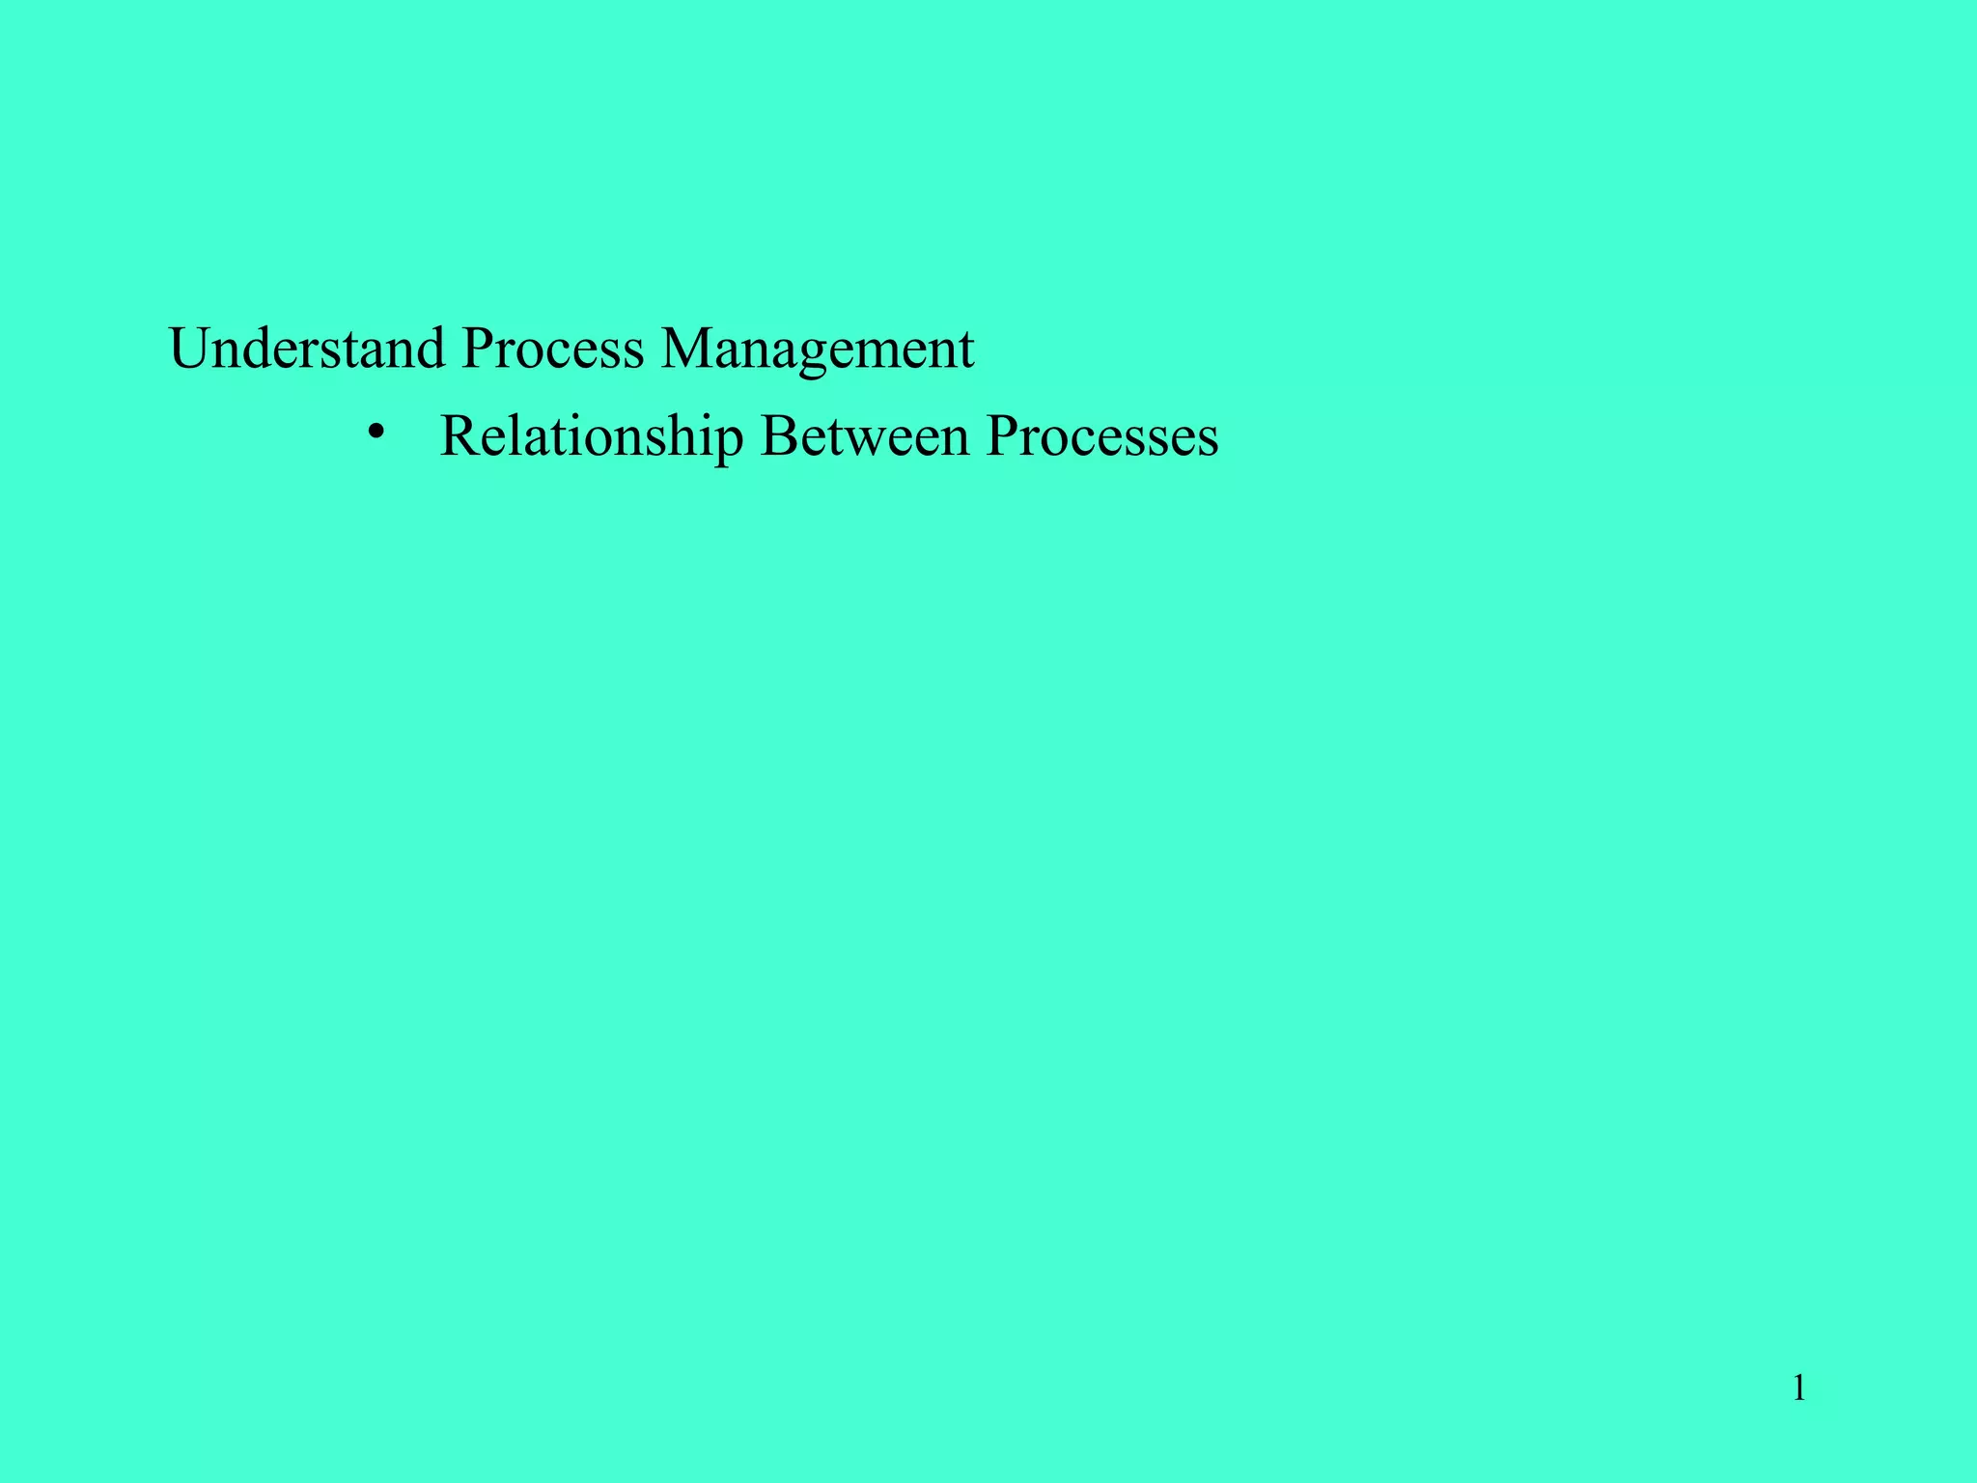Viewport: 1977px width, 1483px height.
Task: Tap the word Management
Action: [x=817, y=350]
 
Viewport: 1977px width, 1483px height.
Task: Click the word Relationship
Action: [x=591, y=436]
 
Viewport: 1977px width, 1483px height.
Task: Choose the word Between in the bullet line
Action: [x=864, y=436]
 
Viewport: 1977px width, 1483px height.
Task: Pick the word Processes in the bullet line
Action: [x=1101, y=436]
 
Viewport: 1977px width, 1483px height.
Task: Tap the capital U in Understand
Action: [x=190, y=349]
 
